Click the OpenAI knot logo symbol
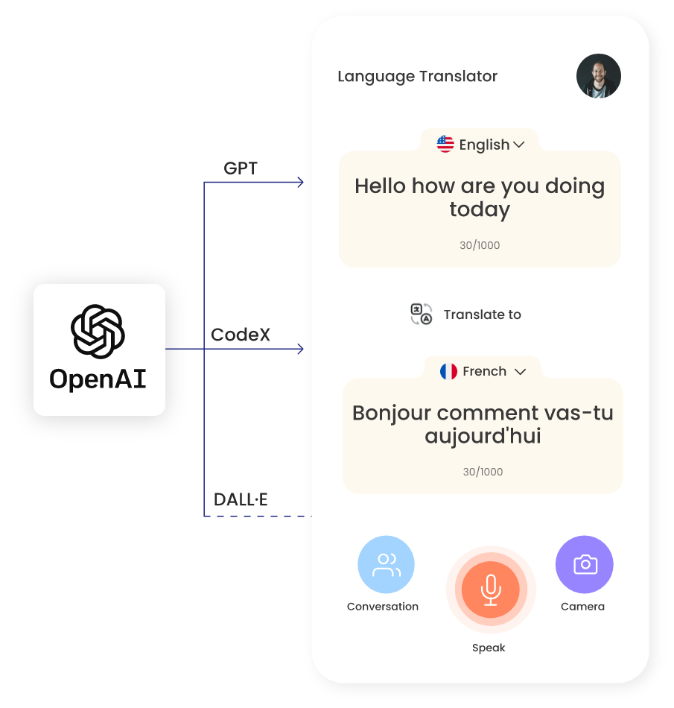tap(98, 332)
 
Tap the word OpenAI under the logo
tap(98, 379)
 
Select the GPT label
tap(241, 168)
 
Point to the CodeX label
tap(241, 335)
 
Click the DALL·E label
tap(241, 500)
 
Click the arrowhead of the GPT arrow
tap(300, 183)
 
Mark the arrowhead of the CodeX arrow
tap(300, 349)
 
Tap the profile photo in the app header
tap(598, 76)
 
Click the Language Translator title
tap(417, 76)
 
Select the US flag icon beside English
tap(445, 145)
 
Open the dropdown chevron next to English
tap(519, 145)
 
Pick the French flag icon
tap(448, 371)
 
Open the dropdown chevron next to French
tap(521, 371)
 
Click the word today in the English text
tap(480, 209)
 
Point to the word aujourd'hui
tap(483, 436)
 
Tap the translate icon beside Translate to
tap(422, 315)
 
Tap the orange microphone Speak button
tap(490, 590)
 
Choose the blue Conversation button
tap(386, 564)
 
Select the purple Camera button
tap(585, 564)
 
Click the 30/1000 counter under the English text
tap(480, 245)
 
